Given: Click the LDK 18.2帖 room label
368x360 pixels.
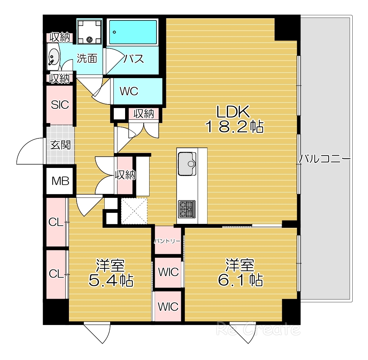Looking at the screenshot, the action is tap(235, 119).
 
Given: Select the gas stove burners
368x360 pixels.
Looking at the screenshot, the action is tap(187, 209).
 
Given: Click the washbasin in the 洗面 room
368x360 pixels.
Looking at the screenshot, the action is tap(54, 57).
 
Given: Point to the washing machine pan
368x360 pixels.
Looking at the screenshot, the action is tap(90, 31).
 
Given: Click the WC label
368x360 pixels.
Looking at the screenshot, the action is tap(129, 91).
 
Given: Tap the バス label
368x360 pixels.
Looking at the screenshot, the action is tap(133, 58).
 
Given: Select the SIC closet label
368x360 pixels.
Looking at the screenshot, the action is tap(60, 105).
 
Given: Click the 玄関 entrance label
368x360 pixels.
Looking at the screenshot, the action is tap(61, 145).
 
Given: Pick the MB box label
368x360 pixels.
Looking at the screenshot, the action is tap(60, 181).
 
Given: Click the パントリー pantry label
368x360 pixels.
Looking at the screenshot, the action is tap(167, 241).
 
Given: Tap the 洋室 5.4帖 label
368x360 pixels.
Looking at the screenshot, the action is tap(111, 273).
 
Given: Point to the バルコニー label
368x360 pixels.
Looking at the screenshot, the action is tap(325, 159).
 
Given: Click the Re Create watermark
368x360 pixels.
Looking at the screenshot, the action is tap(258, 329).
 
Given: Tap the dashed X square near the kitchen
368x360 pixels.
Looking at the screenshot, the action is tap(134, 211).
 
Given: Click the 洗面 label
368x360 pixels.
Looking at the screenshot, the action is tap(87, 58).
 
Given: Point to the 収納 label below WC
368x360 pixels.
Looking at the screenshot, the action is tap(144, 114).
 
